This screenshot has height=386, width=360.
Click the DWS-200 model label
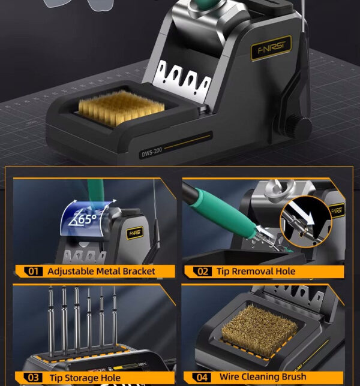pos(152,153)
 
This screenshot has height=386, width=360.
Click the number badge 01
pos(33,272)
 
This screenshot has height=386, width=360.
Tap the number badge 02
pos(203,272)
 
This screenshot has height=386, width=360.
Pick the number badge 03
pos(33,378)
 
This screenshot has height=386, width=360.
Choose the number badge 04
pos(203,378)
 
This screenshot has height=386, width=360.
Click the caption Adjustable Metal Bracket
pos(101,272)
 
